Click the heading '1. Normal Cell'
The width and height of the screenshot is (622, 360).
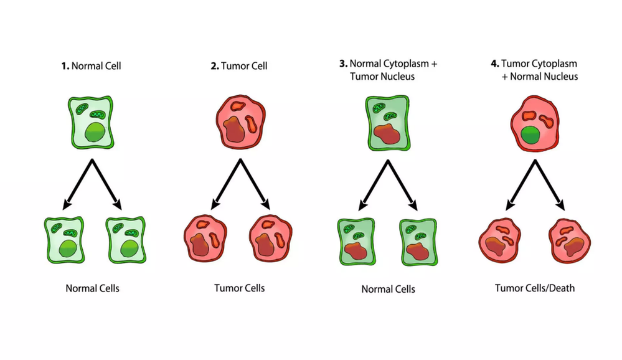pos(92,65)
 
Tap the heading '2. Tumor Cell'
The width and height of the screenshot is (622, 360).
pos(238,65)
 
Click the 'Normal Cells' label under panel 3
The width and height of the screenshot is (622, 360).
pos(388,289)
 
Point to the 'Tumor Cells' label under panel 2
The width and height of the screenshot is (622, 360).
pos(239,288)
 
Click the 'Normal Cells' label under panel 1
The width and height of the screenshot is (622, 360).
pos(92,288)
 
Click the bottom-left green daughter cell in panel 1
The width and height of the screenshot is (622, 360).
pos(64,240)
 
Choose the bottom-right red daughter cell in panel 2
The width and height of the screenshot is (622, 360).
pos(270,239)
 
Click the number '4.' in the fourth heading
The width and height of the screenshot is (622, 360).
pos(495,64)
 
